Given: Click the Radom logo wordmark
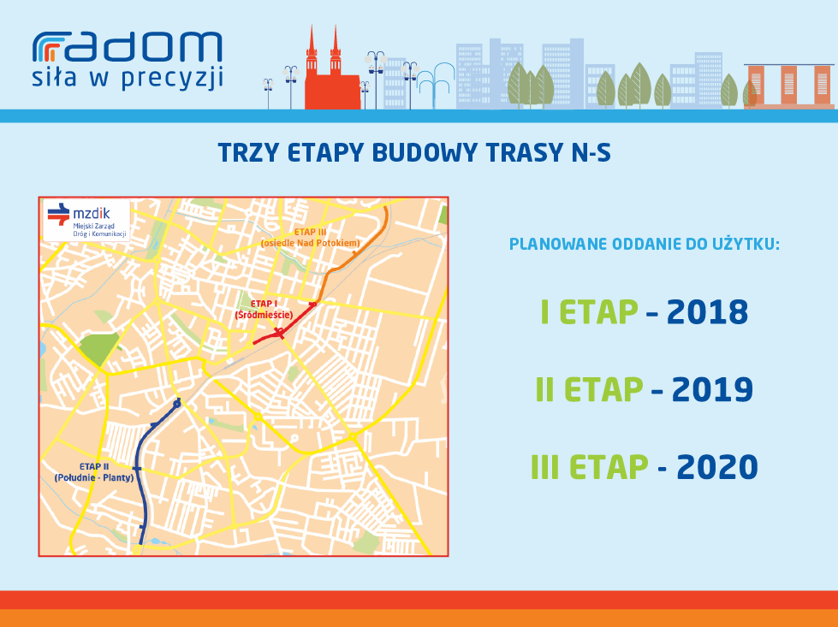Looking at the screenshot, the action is click(128, 46).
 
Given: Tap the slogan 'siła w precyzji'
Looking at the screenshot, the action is click(128, 78).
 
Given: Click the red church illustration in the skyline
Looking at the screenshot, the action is click(332, 69).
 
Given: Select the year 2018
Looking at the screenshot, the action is click(707, 312).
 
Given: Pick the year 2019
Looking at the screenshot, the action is click(712, 389).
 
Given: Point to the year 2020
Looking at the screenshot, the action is click(717, 467).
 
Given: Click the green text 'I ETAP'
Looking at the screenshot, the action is click(590, 312).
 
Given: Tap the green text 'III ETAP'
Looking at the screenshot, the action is click(590, 467).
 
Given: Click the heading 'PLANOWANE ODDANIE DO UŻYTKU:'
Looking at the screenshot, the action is click(644, 244).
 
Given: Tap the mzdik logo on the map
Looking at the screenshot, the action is click(86, 220).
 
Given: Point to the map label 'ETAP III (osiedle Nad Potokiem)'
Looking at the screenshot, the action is click(311, 238).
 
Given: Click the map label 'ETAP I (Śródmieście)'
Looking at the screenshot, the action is click(264, 310).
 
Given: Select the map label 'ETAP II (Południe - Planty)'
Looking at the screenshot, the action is click(94, 472).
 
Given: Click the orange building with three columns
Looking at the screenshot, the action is click(789, 86).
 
